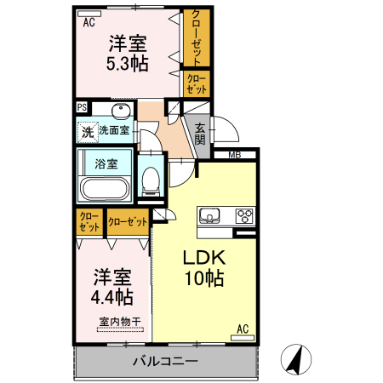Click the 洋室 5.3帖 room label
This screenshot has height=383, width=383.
click(128, 53)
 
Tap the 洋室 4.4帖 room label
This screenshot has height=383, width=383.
click(112, 288)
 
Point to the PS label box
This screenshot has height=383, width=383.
click(82, 107)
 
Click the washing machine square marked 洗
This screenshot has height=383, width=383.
click(86, 132)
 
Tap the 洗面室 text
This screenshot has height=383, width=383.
click(113, 130)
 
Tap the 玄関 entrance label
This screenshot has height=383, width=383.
click(199, 134)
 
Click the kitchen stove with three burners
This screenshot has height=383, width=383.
click(243, 215)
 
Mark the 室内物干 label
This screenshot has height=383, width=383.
click(119, 321)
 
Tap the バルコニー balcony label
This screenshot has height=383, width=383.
click(165, 361)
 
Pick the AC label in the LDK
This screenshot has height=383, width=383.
click(242, 329)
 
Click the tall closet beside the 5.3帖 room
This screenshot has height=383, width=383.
click(197, 38)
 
